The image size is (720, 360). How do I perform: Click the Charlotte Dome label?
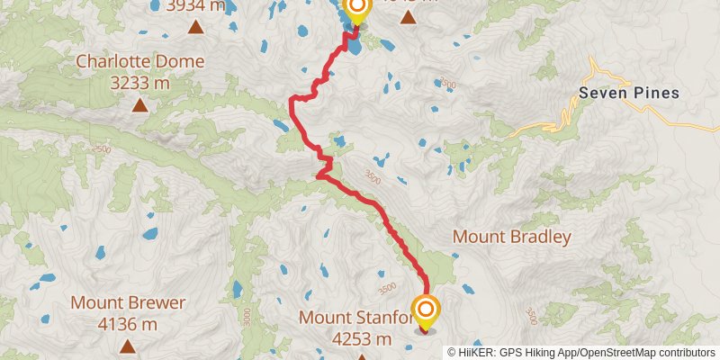[x=139, y=62]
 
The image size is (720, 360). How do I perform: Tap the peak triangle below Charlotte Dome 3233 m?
[x=139, y=105]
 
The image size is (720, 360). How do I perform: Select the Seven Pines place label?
[x=628, y=93]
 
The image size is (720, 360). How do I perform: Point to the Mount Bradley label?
[x=511, y=238]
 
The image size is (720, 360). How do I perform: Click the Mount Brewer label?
[x=128, y=303]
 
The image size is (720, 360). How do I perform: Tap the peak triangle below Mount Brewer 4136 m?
[x=128, y=346]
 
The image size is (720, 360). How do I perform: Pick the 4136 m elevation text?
[x=128, y=324]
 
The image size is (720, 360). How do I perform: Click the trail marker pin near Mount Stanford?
[x=426, y=313]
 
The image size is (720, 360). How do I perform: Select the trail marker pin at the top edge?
[x=356, y=10]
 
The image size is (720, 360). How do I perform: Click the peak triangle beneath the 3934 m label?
[x=194, y=26]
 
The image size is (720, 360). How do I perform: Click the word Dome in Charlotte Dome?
[x=181, y=62]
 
